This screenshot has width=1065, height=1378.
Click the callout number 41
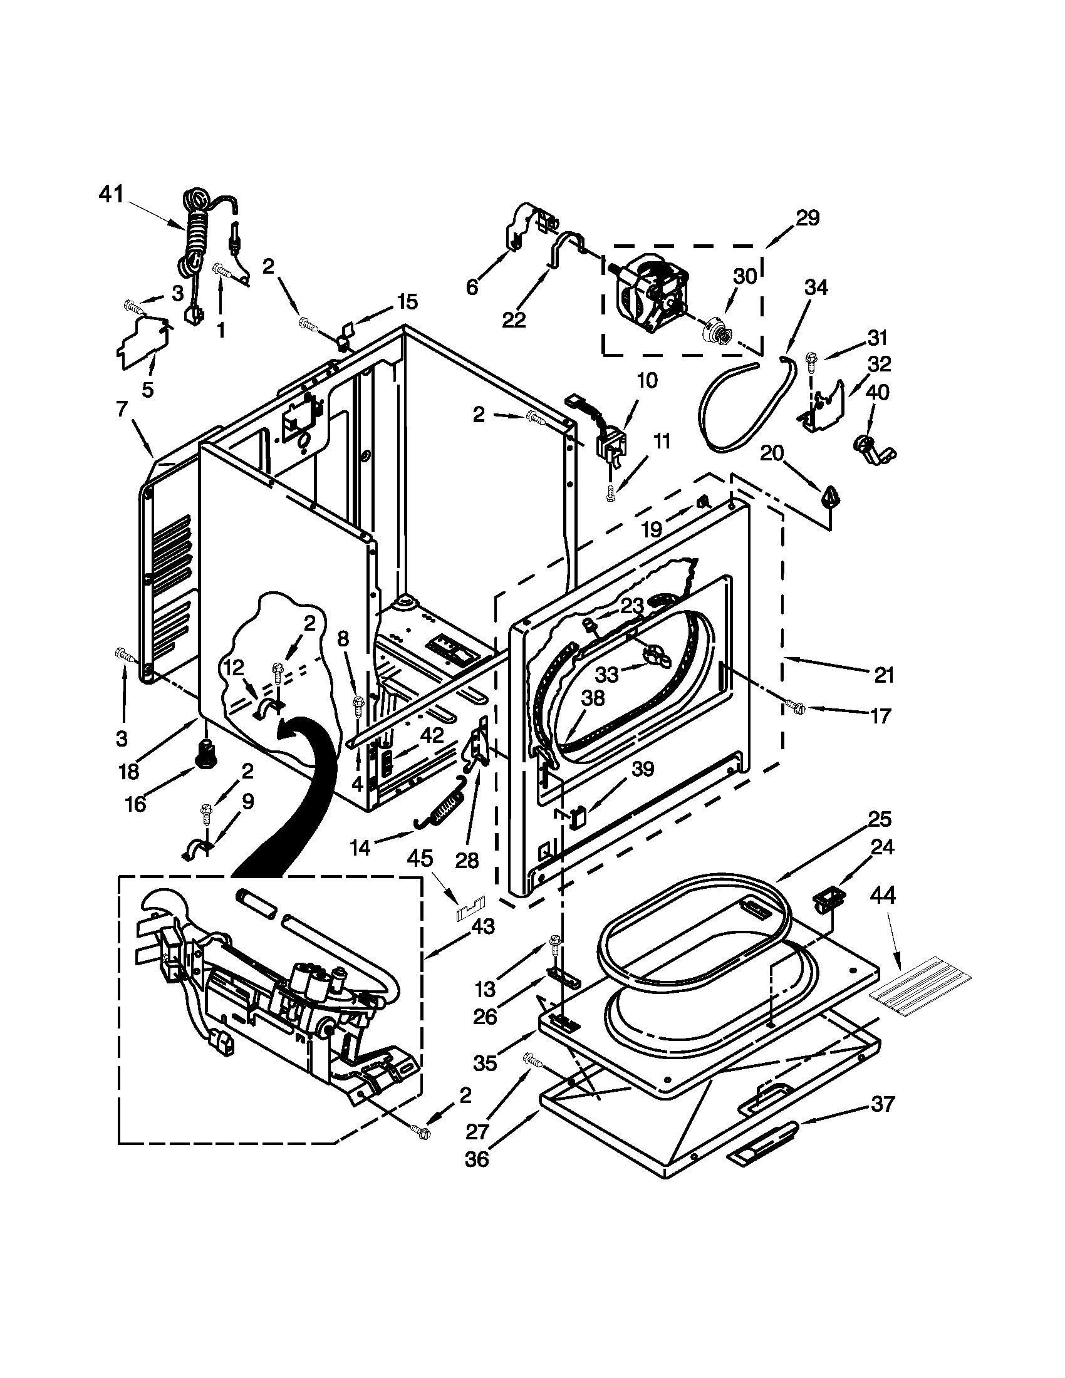tap(112, 195)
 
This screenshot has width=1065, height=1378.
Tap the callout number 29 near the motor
tap(807, 219)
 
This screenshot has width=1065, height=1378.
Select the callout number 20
tap(771, 453)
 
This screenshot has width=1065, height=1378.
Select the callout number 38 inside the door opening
tap(593, 698)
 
